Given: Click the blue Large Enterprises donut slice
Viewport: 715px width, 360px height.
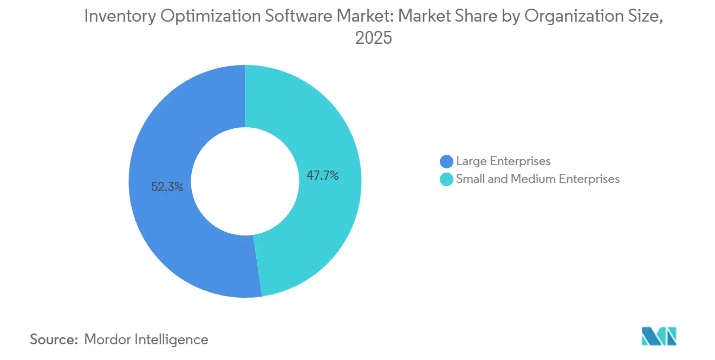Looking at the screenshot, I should coord(162,227).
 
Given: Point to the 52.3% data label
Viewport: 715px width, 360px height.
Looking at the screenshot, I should coord(167,187).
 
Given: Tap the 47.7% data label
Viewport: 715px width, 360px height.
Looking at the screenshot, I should coord(322,175).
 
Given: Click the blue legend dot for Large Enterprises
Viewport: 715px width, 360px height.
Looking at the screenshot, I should coord(446,161).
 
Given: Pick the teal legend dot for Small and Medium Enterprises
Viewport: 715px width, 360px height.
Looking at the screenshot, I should coord(446,179).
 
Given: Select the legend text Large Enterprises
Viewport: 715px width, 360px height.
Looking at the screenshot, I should coord(503,161).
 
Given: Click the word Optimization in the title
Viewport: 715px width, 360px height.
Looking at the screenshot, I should coord(204,17).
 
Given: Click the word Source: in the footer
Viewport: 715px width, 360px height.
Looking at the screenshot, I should coord(54,339).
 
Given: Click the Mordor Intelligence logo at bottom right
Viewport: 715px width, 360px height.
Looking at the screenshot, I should coord(659,336).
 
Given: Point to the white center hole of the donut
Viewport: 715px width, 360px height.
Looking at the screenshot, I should coord(245,181).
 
